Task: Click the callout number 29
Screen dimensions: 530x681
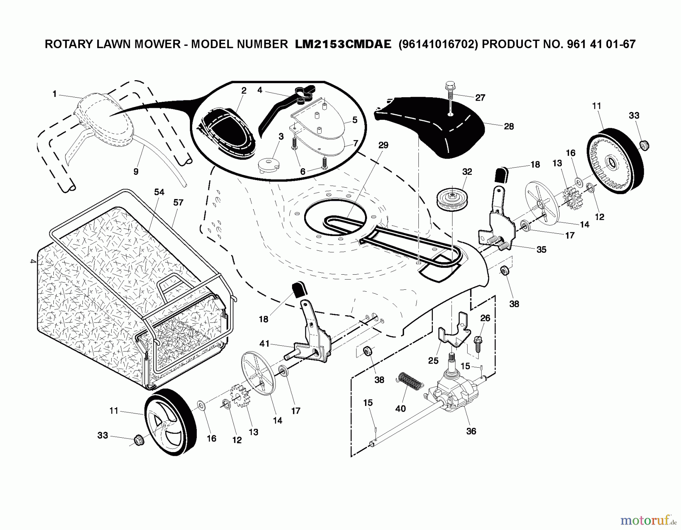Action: [x=383, y=145]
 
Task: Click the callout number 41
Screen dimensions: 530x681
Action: [x=264, y=343]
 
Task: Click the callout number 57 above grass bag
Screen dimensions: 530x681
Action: [x=178, y=202]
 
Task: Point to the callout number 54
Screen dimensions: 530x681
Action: [x=159, y=192]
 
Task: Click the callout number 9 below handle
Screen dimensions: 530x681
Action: [x=136, y=171]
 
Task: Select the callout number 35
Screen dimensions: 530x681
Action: [x=541, y=250]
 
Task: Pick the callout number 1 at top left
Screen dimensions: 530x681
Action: [x=54, y=94]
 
